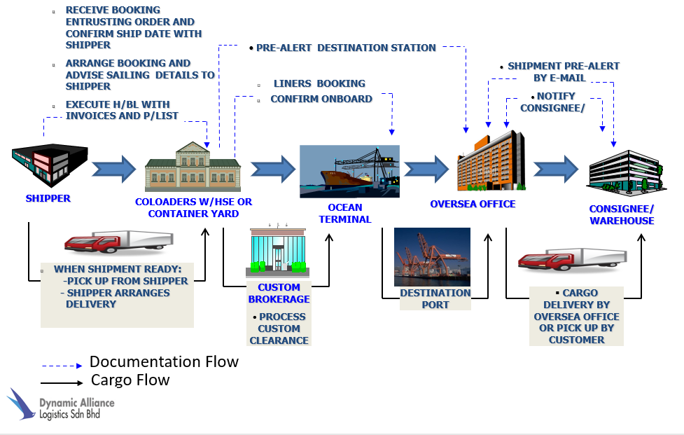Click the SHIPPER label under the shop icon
(48, 198)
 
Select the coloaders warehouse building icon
(193, 167)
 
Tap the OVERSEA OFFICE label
(473, 204)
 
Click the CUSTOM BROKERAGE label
(279, 293)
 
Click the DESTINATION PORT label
(435, 298)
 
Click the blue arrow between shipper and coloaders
(113, 168)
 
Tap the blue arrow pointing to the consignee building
(555, 169)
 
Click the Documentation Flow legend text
(164, 362)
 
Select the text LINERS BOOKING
(319, 83)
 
